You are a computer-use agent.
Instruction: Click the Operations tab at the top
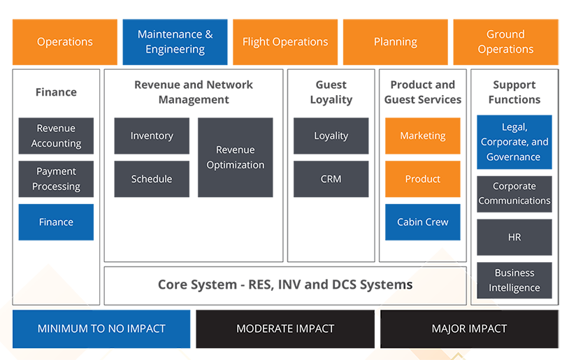[x=65, y=42]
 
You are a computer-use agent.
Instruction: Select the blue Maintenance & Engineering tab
[x=175, y=42]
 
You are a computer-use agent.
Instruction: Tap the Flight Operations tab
[x=285, y=42]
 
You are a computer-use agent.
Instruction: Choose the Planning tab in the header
[x=395, y=42]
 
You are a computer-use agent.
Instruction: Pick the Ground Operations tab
[x=505, y=42]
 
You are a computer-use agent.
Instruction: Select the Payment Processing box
[x=56, y=179]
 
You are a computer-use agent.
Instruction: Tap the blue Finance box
[x=56, y=222]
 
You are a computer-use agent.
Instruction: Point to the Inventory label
[x=152, y=136]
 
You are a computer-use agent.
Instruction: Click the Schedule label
[x=152, y=179]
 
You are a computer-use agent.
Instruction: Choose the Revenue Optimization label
[x=236, y=157]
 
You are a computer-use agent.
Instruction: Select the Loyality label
[x=331, y=136]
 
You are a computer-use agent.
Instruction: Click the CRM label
[x=331, y=179]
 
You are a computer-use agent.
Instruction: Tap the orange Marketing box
[x=422, y=136]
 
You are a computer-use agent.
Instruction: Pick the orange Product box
[x=422, y=179]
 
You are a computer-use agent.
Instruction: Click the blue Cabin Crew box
[x=422, y=222]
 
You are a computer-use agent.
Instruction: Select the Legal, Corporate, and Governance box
[x=514, y=142]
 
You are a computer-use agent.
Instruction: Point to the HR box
[x=514, y=237]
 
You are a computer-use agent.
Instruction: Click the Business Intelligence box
[x=514, y=280]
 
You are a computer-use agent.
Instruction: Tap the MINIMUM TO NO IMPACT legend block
[x=102, y=329]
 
